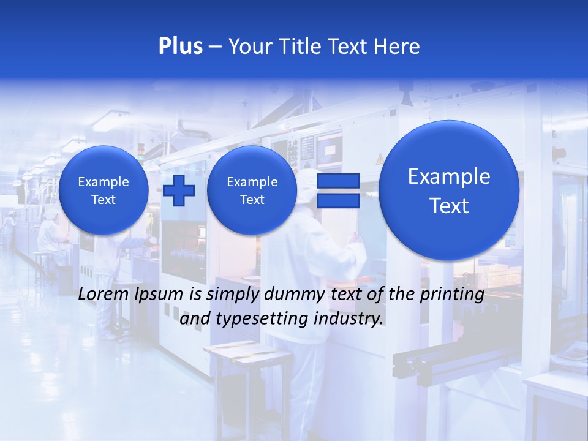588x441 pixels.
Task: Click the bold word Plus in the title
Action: (180, 47)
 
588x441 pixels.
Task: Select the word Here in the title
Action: (398, 47)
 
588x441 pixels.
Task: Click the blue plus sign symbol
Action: (179, 190)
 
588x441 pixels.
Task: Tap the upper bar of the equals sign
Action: (337, 181)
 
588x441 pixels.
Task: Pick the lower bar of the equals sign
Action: (337, 201)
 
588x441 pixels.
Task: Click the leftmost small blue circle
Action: (104, 190)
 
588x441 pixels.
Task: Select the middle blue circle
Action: (252, 190)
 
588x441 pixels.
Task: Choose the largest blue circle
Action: (449, 190)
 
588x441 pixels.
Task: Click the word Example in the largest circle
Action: (449, 176)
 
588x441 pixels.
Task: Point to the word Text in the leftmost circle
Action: (104, 200)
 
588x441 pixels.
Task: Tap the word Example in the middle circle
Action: (252, 182)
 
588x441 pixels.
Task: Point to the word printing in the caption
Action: (453, 294)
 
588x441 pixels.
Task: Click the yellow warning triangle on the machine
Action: (380, 160)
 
